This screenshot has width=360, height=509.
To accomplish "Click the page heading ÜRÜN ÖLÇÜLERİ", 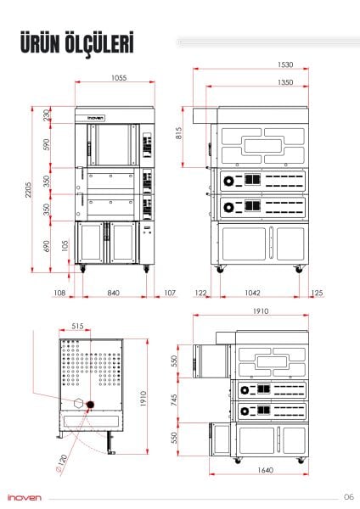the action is click(x=77, y=43).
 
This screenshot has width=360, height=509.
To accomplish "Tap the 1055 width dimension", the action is click(x=119, y=78).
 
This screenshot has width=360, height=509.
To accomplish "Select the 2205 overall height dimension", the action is click(x=29, y=189).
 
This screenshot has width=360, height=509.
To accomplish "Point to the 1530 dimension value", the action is click(x=285, y=65).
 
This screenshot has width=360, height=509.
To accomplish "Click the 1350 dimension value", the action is click(x=285, y=82).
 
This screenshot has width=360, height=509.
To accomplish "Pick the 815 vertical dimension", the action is click(x=178, y=133).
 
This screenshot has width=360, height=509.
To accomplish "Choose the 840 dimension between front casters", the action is click(x=113, y=293).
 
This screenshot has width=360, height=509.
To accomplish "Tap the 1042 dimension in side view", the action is click(x=252, y=293).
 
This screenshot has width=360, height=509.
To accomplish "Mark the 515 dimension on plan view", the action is click(x=77, y=326).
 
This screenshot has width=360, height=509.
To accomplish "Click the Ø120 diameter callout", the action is click(x=61, y=465).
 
